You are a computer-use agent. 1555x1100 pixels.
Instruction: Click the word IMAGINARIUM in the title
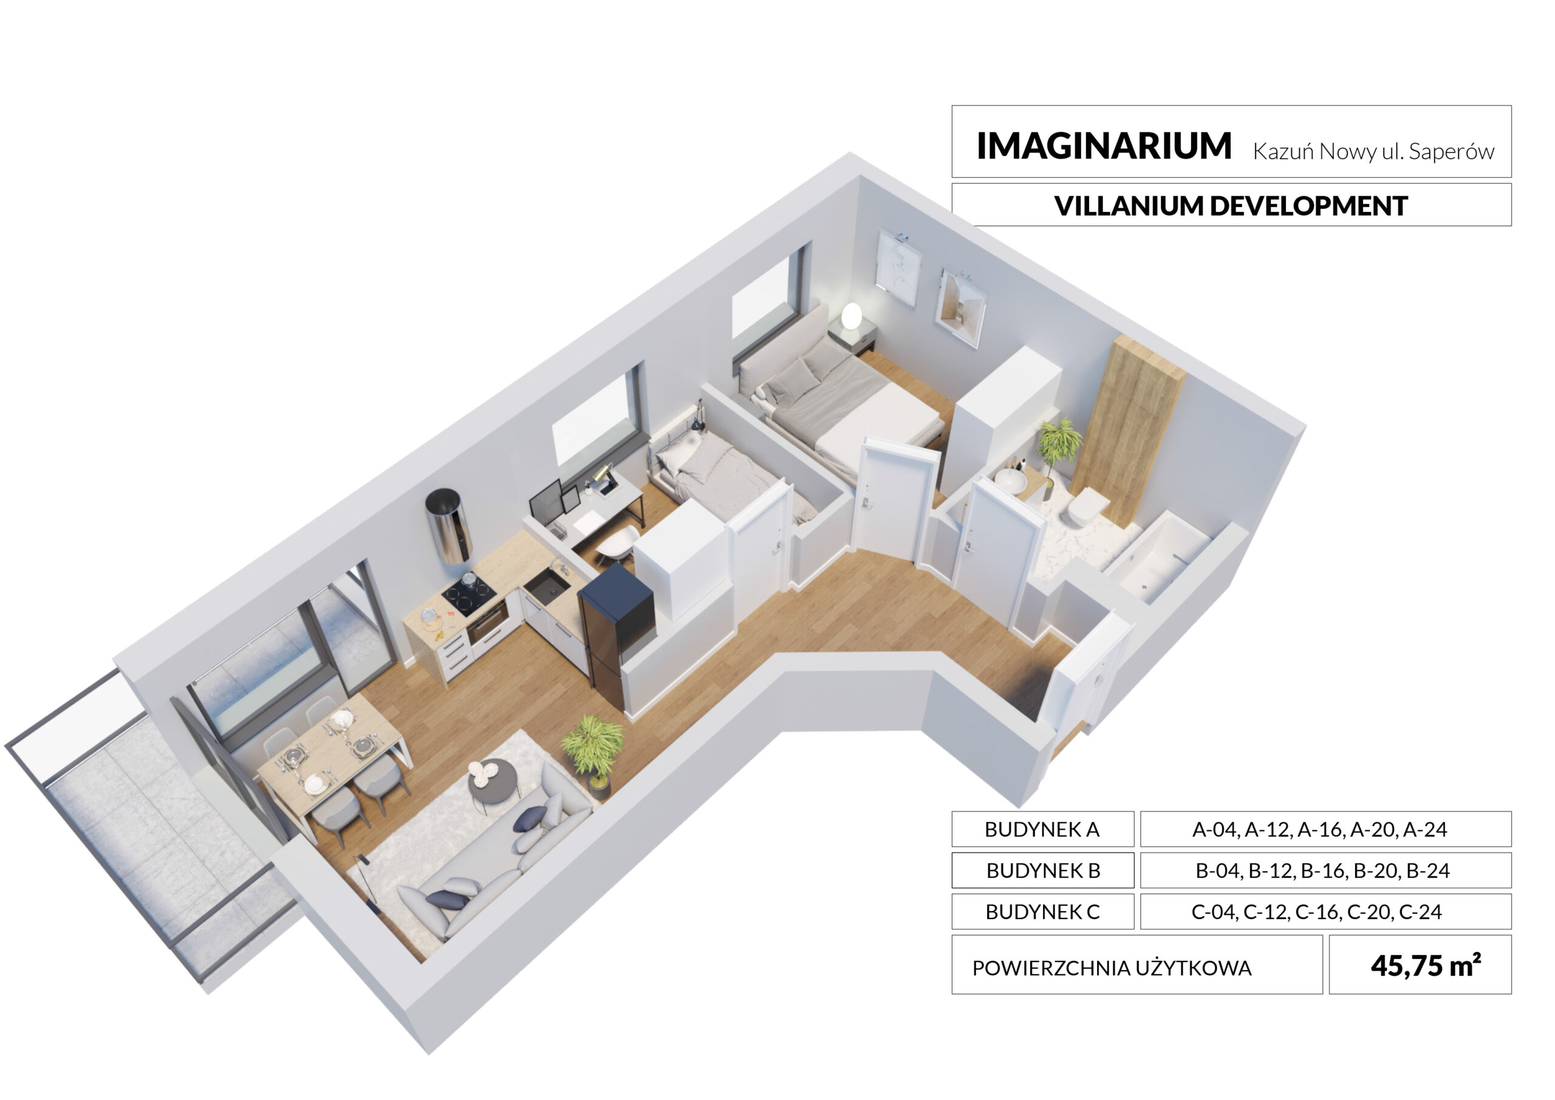[x=1103, y=146]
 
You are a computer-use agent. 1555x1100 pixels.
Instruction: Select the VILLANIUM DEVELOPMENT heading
[x=1231, y=206]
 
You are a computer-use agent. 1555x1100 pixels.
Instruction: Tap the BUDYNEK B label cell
[x=1042, y=870]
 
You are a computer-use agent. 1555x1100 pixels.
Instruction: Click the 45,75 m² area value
[x=1425, y=965]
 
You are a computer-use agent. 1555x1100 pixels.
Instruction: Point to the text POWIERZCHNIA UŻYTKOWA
[x=1112, y=968]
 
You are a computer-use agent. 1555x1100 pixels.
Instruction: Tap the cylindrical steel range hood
[x=448, y=525]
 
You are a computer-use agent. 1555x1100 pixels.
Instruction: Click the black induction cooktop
[x=469, y=593]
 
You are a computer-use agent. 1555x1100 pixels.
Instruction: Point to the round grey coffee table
[x=493, y=783]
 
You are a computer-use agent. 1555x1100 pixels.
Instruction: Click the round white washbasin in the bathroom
[x=1011, y=480]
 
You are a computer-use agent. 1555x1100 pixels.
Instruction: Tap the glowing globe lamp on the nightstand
[x=852, y=316]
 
